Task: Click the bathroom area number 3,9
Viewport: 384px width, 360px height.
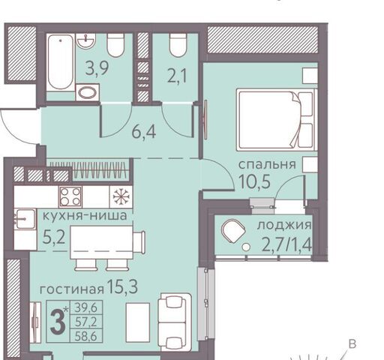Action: (97, 68)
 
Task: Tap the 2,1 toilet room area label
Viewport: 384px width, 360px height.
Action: (177, 76)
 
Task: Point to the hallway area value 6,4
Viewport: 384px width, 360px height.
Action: (144, 132)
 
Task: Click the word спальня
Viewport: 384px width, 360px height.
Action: (267, 165)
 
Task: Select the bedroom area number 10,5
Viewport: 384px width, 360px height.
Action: (254, 181)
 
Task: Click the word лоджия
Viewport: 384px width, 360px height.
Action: (284, 225)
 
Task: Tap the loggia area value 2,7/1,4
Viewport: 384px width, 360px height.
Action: (286, 244)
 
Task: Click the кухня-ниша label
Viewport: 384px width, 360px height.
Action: (85, 215)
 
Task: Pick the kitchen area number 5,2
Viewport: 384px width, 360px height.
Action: (54, 237)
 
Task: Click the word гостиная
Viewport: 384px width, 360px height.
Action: (72, 289)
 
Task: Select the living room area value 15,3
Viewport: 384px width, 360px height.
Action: (122, 286)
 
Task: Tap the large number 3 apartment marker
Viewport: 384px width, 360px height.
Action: (58, 321)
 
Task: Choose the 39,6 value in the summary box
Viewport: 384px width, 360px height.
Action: (85, 307)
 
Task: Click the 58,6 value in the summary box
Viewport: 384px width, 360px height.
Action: (85, 336)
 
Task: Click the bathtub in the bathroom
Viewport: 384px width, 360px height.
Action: (61, 62)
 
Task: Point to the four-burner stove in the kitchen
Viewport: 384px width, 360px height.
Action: (70, 196)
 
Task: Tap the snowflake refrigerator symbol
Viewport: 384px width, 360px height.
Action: (121, 196)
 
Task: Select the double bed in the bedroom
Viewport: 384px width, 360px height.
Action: (277, 120)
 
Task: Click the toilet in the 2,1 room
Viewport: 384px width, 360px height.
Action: (178, 45)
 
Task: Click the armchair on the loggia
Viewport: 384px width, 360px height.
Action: (232, 231)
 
